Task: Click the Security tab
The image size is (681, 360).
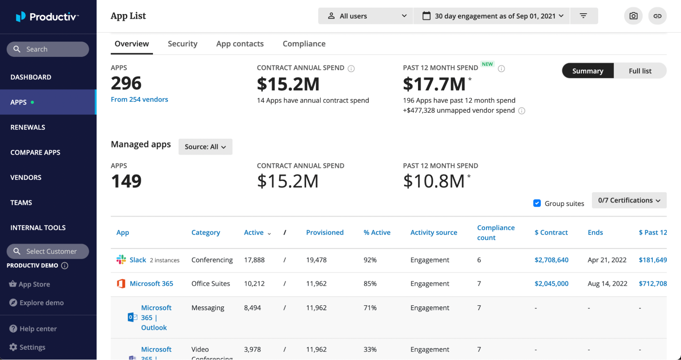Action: click(x=182, y=44)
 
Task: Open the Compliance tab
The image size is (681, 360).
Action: click(x=304, y=44)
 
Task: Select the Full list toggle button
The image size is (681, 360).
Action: click(x=640, y=71)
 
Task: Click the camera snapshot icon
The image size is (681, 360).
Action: click(x=633, y=16)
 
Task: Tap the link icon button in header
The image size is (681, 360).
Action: click(x=657, y=16)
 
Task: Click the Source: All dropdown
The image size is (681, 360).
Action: click(x=205, y=147)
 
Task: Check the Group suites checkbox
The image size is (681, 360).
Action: click(x=537, y=203)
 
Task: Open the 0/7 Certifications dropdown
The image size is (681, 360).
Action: click(x=629, y=200)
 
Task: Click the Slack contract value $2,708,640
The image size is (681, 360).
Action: click(x=551, y=260)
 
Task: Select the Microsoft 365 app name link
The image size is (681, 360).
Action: click(x=151, y=283)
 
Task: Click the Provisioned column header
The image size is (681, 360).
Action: click(x=325, y=232)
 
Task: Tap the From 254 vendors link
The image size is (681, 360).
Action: click(x=139, y=99)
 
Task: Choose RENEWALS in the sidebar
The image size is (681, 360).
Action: click(x=28, y=127)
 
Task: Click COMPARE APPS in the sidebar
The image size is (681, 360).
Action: click(x=35, y=152)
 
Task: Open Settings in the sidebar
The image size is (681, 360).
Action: click(x=32, y=347)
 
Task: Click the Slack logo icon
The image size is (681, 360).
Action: click(x=121, y=260)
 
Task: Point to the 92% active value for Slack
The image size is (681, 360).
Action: click(x=370, y=260)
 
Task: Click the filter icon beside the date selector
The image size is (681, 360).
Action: click(x=583, y=16)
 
